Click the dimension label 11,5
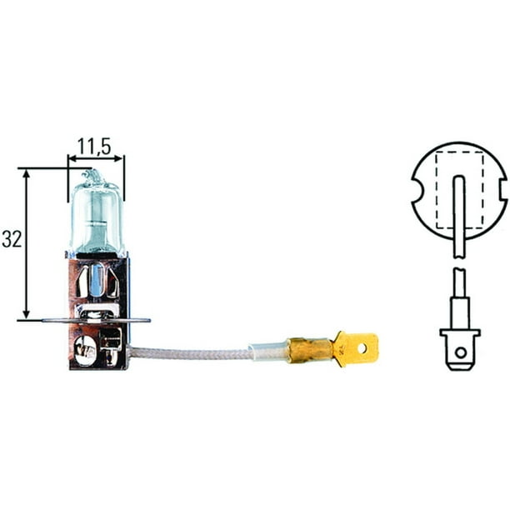click(96, 147)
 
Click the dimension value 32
click(12, 240)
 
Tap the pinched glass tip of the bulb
click(92, 176)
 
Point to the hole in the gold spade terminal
click(362, 348)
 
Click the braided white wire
click(192, 353)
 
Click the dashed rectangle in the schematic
click(460, 190)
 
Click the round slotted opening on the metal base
click(83, 349)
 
